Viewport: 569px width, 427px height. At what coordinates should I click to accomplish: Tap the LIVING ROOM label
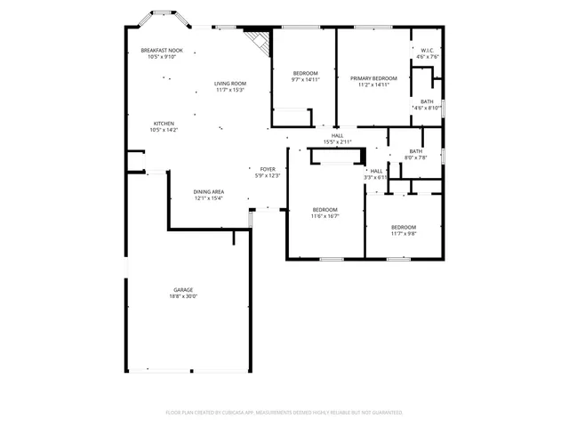point(228,84)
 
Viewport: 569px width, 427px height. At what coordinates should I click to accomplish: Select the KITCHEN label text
point(164,124)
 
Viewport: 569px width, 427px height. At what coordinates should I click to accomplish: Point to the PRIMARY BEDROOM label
point(373,78)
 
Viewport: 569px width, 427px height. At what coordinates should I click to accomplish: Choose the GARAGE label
point(183,290)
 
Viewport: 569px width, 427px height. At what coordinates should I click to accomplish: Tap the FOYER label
point(268,169)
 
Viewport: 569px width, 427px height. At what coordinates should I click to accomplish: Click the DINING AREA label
point(209,192)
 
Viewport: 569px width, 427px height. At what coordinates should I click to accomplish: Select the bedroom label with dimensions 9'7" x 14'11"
point(305,73)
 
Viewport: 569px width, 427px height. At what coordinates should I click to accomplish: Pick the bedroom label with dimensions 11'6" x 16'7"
point(325,210)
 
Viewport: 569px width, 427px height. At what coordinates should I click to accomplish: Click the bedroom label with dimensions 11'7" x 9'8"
point(404,228)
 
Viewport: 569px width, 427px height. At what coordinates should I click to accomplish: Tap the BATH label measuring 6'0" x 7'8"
point(416,151)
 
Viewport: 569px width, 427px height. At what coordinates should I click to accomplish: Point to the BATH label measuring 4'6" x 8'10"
point(427,101)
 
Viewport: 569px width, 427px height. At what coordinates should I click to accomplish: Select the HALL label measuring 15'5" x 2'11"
point(338,135)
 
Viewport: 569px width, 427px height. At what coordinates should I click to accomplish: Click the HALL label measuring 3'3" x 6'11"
point(377,171)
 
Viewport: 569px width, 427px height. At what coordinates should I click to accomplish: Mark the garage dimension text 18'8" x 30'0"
point(183,296)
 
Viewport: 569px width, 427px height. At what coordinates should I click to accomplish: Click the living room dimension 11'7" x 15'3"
point(228,90)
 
